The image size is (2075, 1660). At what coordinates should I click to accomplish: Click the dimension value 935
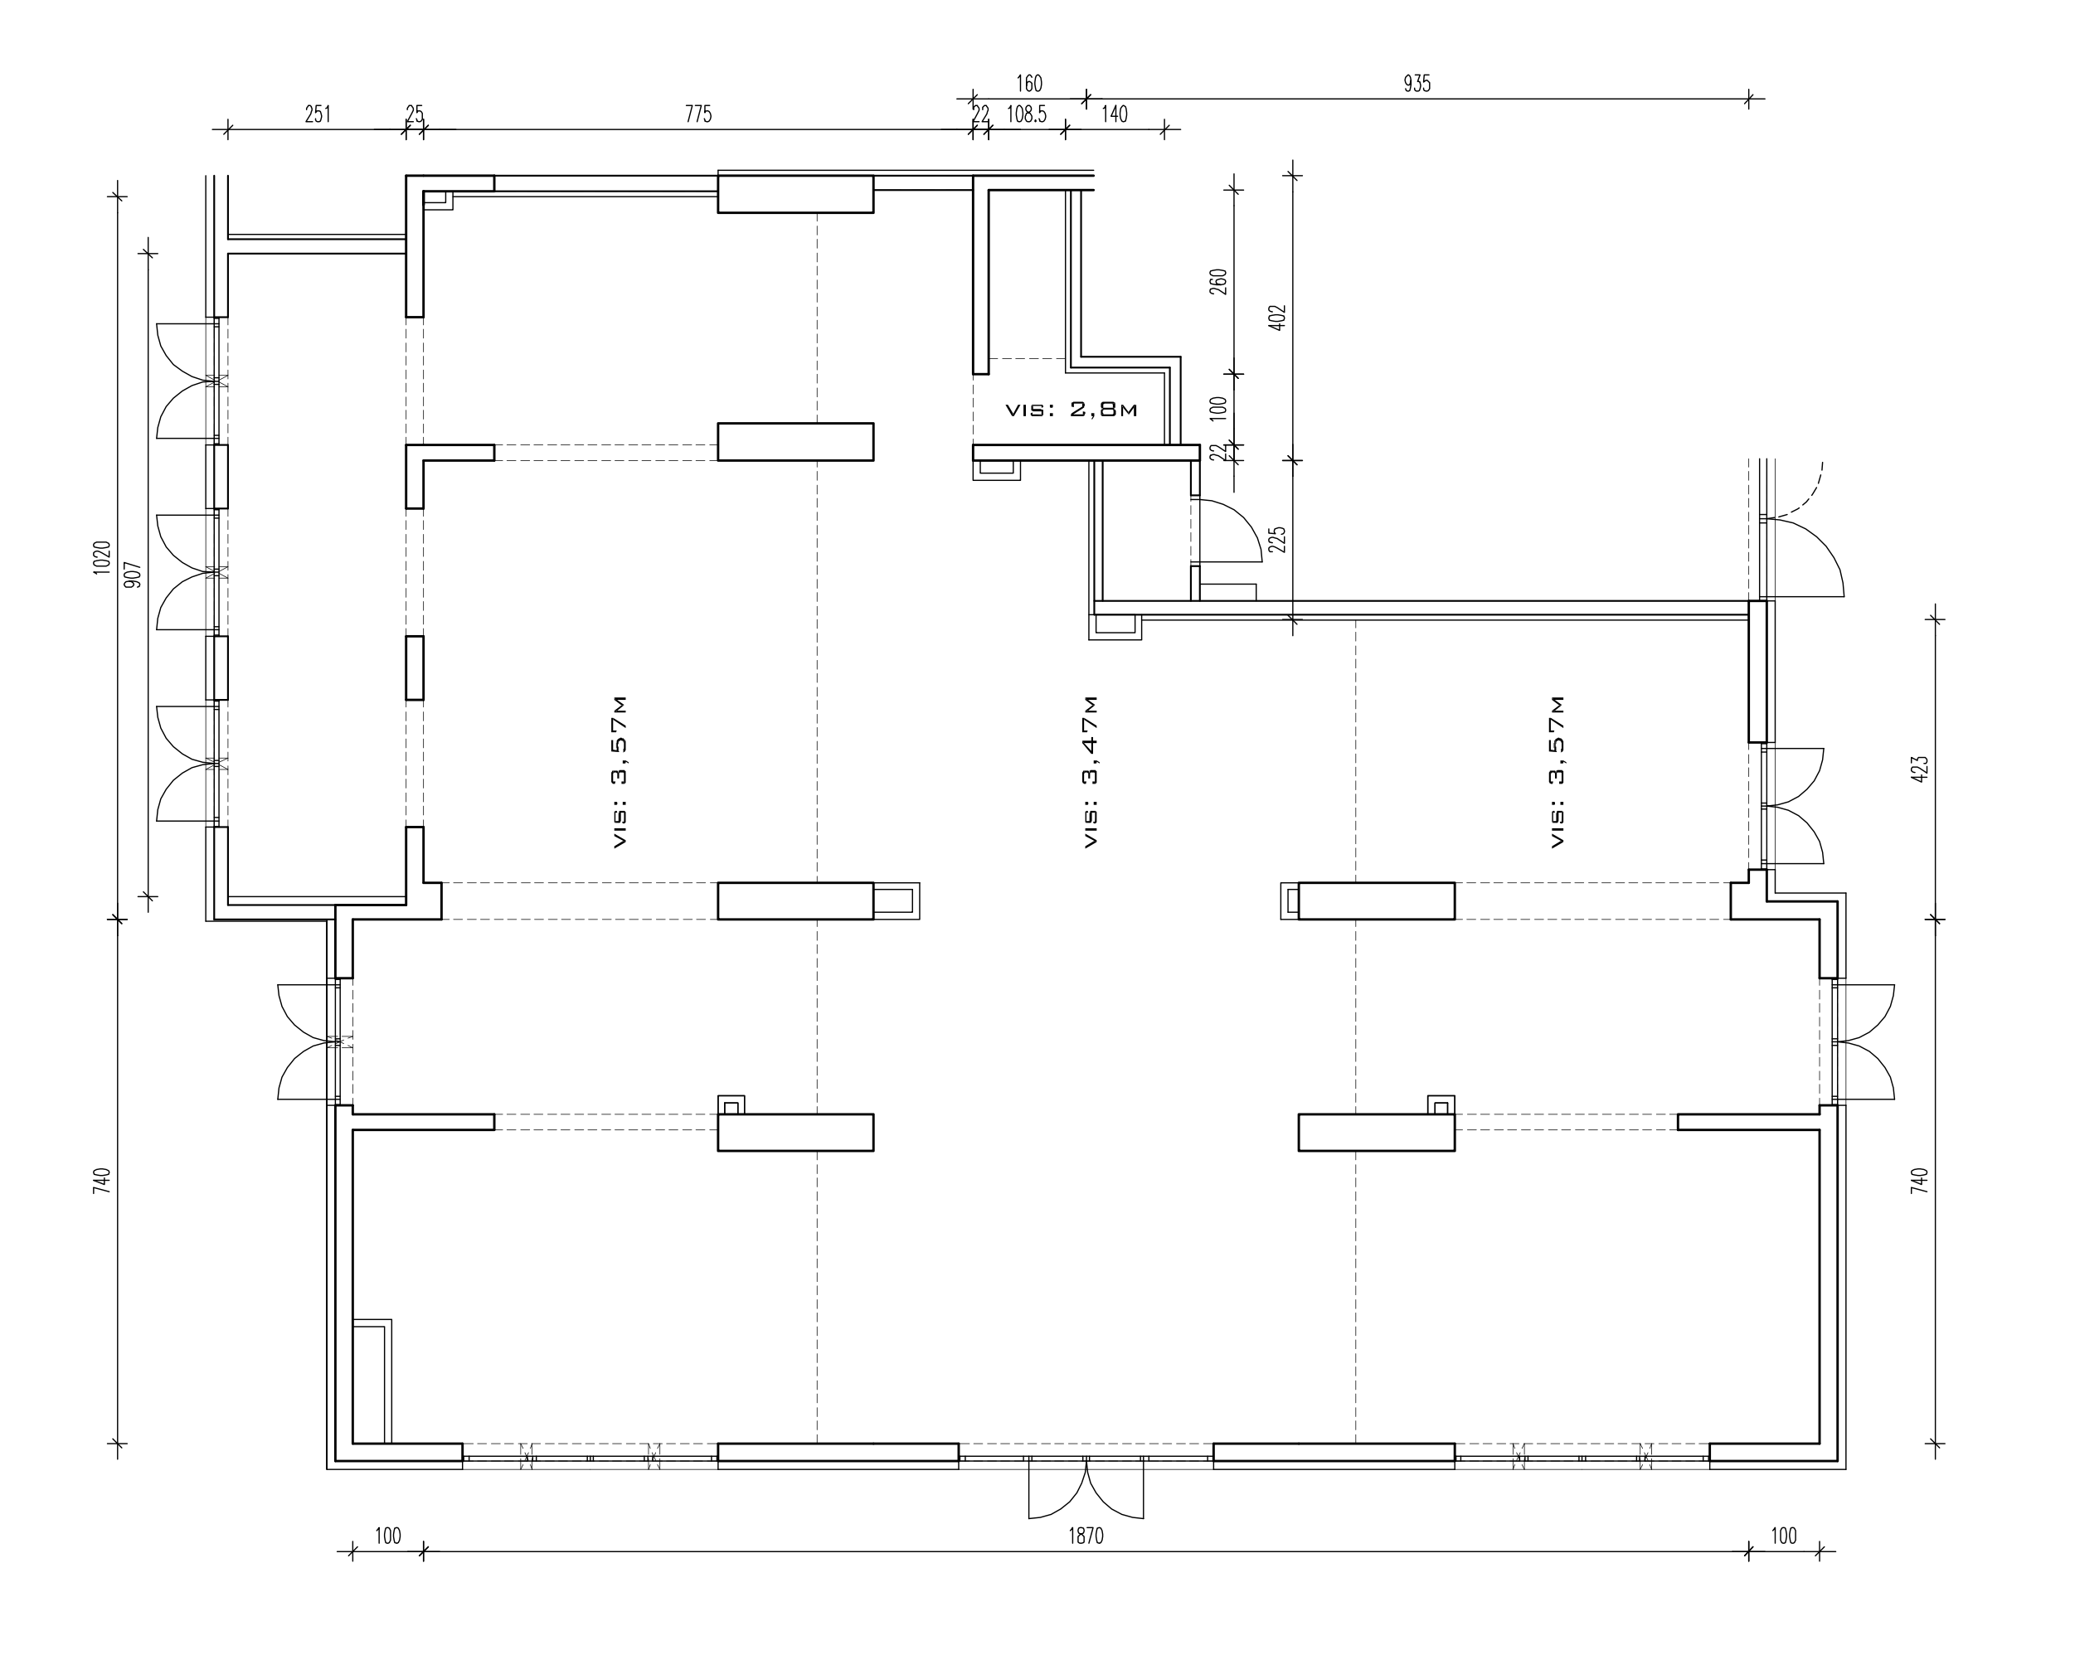coord(1417,85)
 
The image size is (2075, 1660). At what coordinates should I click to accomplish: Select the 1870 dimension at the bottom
coord(1086,1536)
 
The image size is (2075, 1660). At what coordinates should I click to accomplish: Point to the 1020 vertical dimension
coord(102,557)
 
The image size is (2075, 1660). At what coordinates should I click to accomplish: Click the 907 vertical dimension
coord(133,575)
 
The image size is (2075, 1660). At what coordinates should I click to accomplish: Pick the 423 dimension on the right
coord(1919,769)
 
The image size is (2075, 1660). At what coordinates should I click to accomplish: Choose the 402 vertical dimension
coord(1277,318)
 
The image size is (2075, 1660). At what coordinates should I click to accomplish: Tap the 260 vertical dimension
coord(1218,282)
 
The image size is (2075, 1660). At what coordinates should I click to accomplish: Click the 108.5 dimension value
coord(1026,114)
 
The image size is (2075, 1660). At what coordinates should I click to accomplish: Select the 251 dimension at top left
coord(318,114)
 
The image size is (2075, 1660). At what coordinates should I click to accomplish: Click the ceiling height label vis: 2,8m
coord(1072,410)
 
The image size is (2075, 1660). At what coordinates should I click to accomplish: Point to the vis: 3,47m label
coord(1091,771)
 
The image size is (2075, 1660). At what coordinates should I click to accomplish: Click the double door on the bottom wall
coord(1086,1488)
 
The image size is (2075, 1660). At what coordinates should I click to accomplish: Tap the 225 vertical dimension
coord(1277,540)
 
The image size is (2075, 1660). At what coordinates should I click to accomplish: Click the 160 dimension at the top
coord(1029,85)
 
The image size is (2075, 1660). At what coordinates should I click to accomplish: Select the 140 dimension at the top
coord(1114,114)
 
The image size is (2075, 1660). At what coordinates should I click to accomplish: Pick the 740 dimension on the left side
coord(102,1181)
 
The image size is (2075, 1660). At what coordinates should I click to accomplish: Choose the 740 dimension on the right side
coord(1919,1181)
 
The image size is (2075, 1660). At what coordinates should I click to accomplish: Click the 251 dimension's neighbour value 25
coord(414,114)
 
